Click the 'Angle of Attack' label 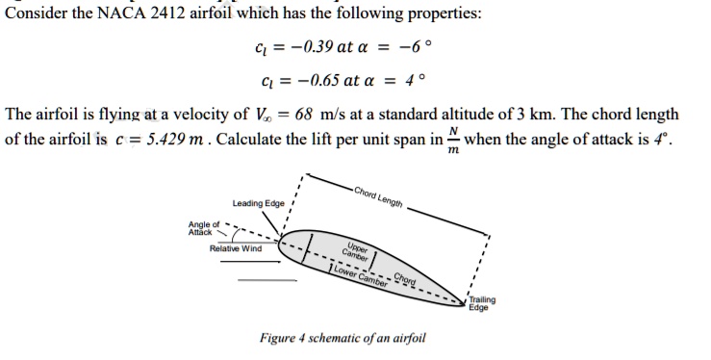point(204,228)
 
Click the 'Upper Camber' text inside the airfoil point(356,250)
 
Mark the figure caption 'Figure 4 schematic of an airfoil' point(343,338)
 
